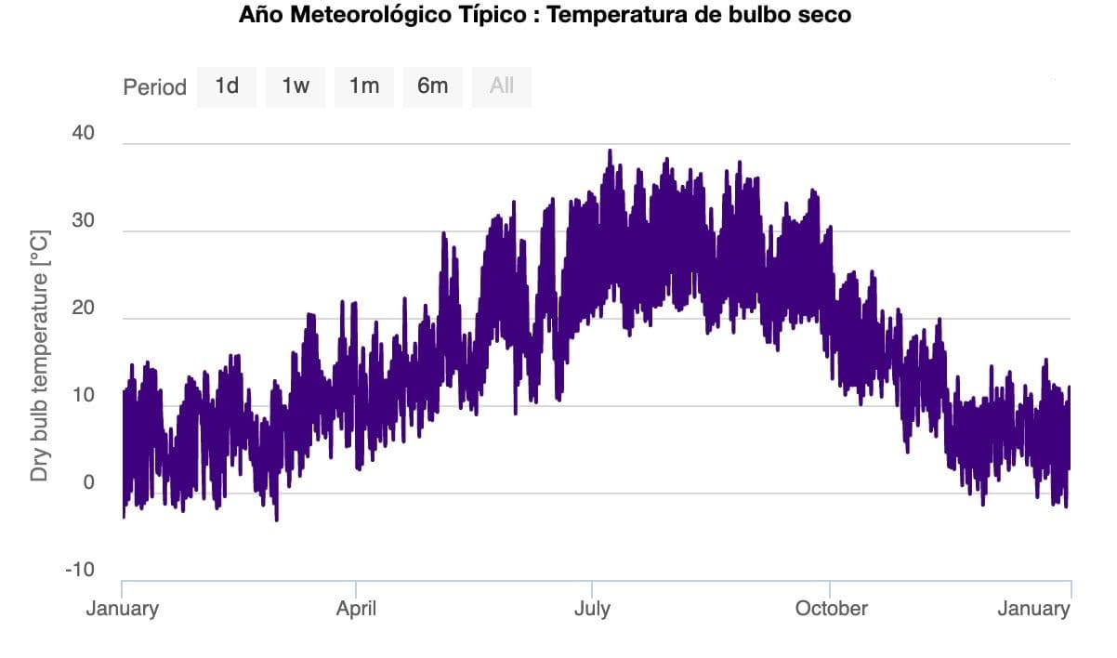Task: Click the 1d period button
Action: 227,86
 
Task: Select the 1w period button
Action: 296,86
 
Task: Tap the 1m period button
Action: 364,86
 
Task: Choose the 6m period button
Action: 432,86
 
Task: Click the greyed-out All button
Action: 502,86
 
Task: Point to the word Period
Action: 155,87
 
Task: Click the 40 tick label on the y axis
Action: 84,133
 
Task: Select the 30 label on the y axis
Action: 84,220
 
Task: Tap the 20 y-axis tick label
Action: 84,308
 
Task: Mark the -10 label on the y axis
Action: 80,570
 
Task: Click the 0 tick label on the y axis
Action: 89,482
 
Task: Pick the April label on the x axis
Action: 356,609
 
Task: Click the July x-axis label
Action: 592,609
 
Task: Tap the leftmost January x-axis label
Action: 123,609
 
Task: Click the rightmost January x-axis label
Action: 1033,609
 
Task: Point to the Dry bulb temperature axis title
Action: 39,356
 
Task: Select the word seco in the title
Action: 825,16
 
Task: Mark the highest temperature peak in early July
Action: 610,151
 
